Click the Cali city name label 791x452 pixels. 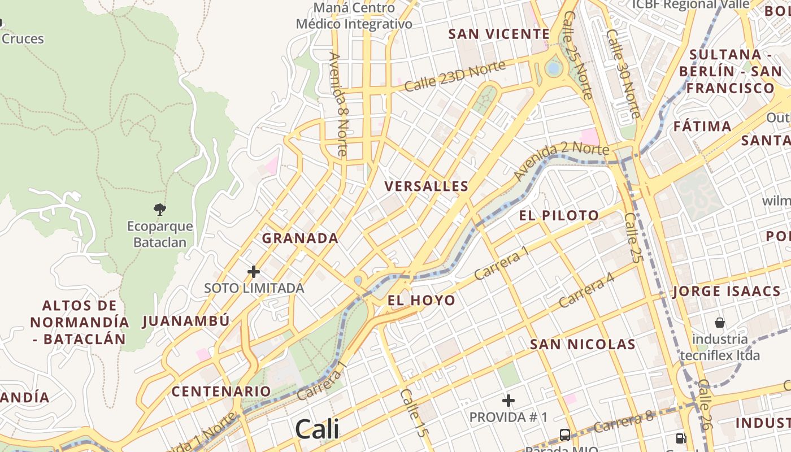point(317,429)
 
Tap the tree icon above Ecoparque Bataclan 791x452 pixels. point(160,210)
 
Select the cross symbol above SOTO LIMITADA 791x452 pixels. point(254,272)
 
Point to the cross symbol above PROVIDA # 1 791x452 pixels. point(508,401)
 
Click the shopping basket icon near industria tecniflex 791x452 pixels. point(720,323)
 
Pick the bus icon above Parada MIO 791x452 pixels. point(564,434)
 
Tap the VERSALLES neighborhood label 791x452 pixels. point(427,186)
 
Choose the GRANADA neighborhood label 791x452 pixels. point(300,238)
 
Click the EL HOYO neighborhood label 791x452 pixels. point(421,300)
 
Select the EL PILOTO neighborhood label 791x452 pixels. point(559,215)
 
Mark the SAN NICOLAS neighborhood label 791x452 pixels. point(583,344)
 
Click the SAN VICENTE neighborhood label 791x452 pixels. point(499,34)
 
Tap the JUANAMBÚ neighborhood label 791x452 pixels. point(186,321)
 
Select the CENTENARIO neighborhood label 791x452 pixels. point(221,391)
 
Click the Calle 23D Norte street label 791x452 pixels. point(455,76)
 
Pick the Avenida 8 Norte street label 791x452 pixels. point(338,105)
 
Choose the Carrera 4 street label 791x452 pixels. point(586,290)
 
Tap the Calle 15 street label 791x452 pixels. point(413,412)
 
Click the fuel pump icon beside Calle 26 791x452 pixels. point(681,438)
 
